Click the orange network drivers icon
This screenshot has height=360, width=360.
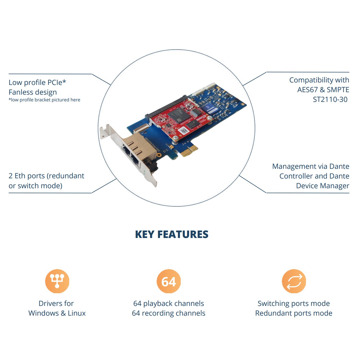[x=57, y=281]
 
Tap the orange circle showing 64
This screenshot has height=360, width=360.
[x=168, y=281]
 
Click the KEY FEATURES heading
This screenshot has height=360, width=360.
[x=172, y=234]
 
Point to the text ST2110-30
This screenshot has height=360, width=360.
[x=330, y=99]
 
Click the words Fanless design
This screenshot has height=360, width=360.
[x=33, y=92]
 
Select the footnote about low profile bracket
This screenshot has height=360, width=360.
[x=44, y=100]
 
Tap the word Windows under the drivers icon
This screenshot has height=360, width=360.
[x=44, y=313]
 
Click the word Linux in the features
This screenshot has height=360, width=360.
[x=76, y=313]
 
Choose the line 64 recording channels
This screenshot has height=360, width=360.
[x=168, y=313]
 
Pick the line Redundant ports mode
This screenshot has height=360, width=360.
[x=294, y=313]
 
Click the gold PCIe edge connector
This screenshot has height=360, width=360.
[x=189, y=151]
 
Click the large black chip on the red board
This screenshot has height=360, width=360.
[x=179, y=115]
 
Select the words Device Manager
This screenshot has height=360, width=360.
[x=323, y=186]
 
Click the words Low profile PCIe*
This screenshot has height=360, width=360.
[x=37, y=82]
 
